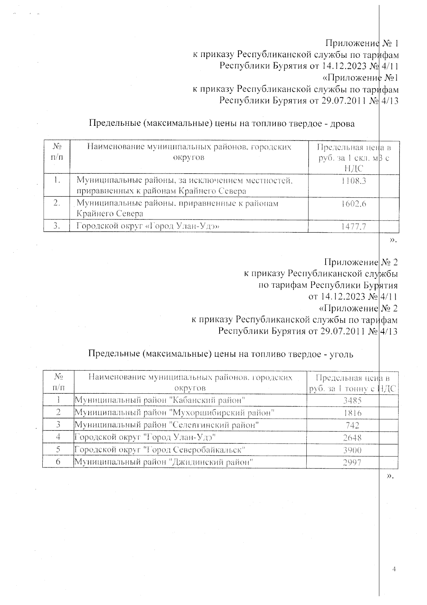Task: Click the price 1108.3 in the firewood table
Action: point(353,181)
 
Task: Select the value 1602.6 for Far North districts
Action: point(353,203)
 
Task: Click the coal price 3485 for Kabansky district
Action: point(352,400)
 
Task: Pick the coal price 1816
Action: point(352,413)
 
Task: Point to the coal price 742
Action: point(352,425)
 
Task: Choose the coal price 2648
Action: point(352,438)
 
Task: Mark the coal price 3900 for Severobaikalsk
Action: point(352,450)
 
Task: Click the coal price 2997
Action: point(352,462)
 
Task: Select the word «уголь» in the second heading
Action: point(342,354)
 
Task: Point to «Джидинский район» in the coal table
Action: point(212,462)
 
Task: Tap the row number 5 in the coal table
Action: point(58,450)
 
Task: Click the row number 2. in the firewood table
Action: point(57,203)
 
